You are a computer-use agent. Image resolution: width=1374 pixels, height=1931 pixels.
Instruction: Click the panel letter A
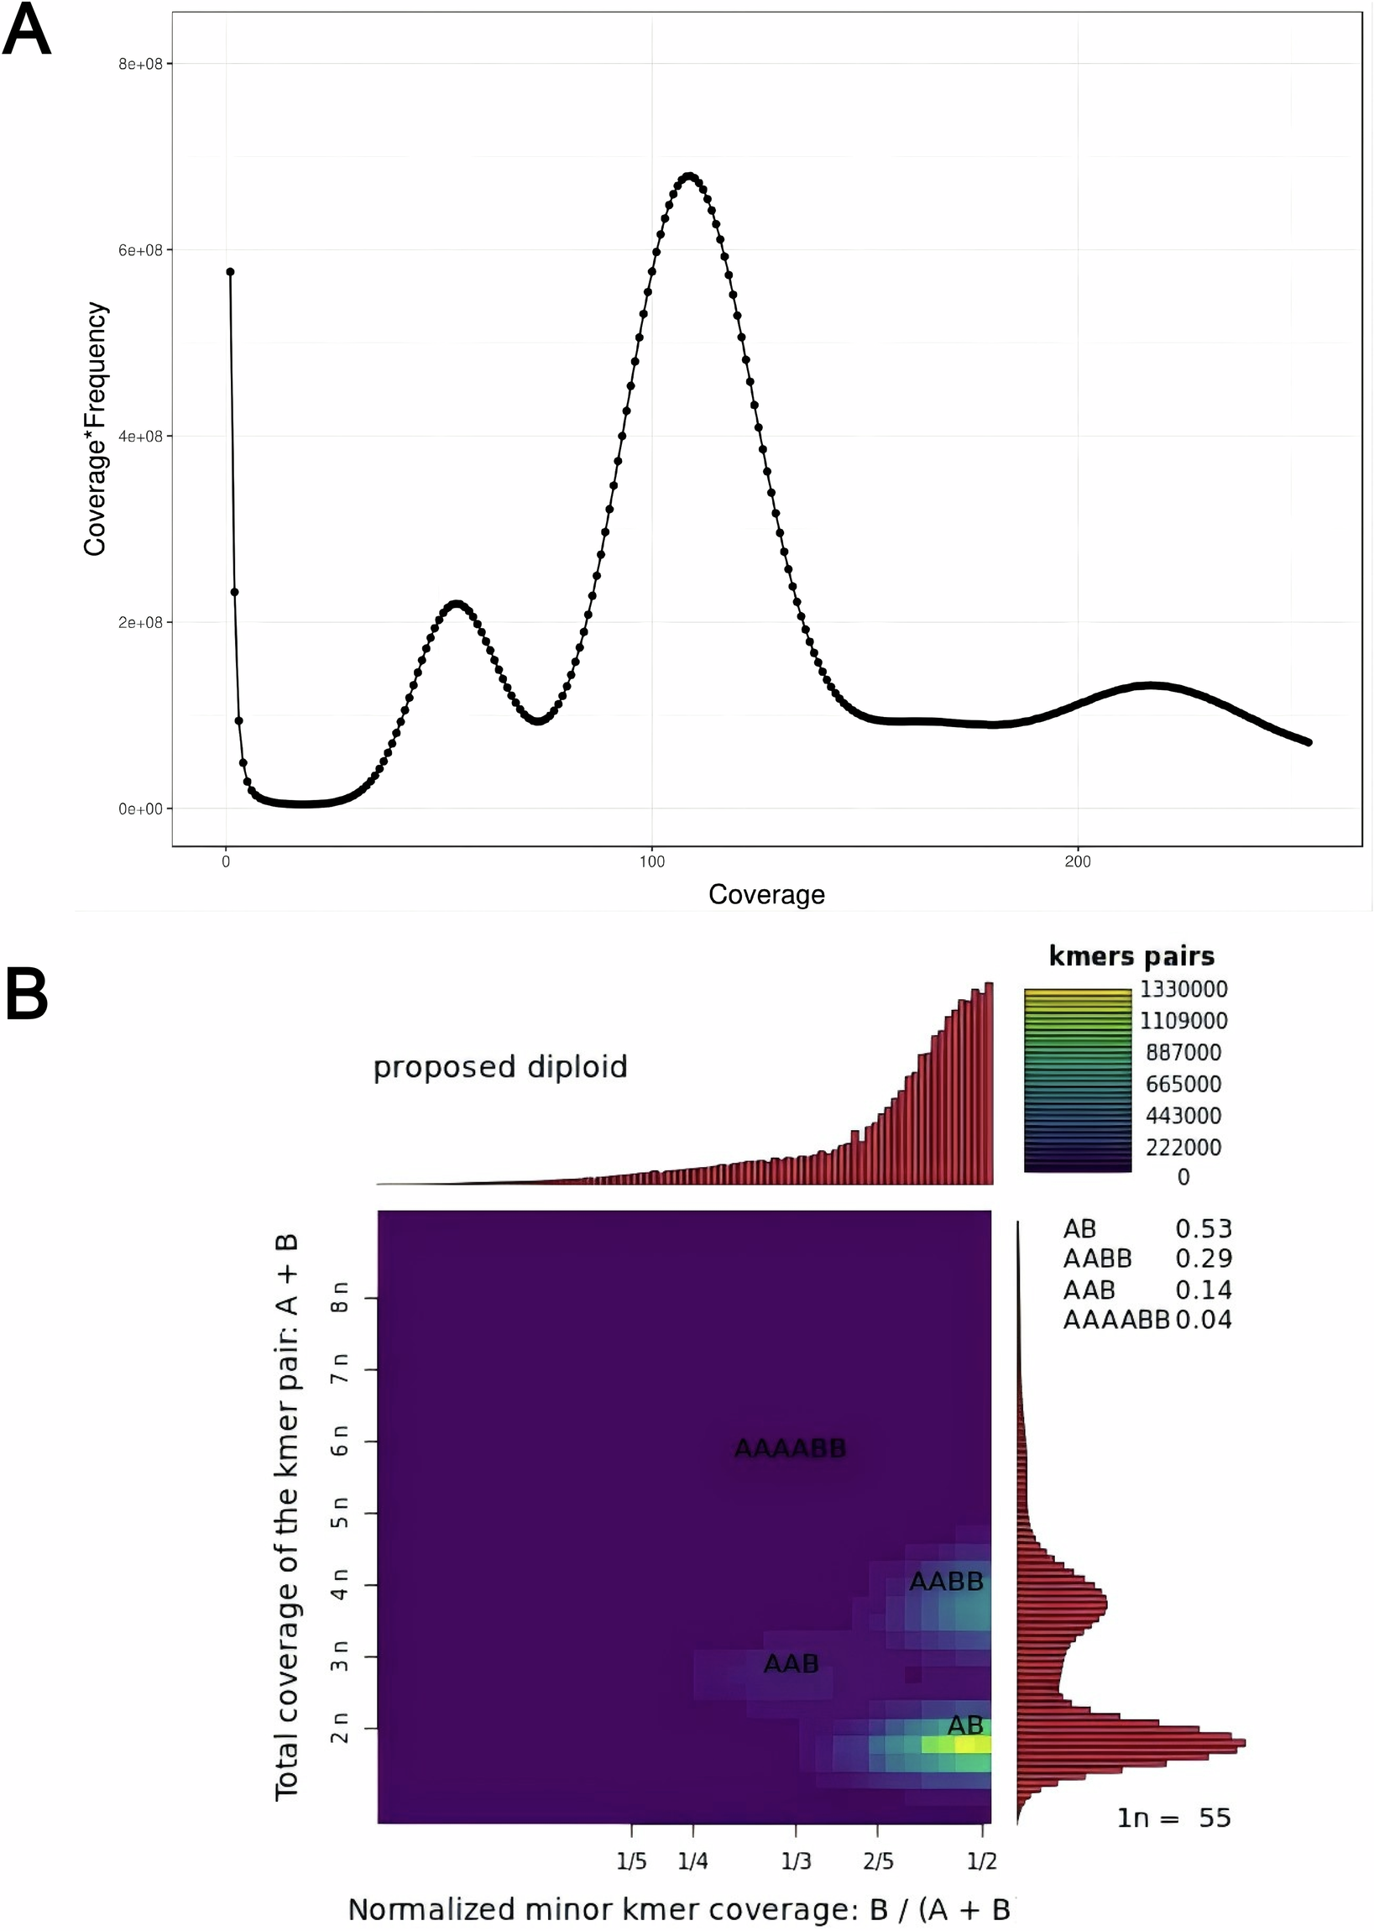click(x=27, y=30)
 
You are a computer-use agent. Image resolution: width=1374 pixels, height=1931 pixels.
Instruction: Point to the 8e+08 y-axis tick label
click(x=139, y=65)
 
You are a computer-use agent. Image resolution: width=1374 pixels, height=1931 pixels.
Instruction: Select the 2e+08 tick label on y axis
click(x=139, y=623)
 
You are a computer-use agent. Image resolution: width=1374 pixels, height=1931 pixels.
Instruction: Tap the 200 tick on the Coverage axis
click(x=1077, y=862)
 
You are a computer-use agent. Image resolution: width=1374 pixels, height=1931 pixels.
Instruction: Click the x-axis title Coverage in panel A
click(x=765, y=894)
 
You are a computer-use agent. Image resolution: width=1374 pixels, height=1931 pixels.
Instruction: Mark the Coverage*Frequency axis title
click(x=95, y=429)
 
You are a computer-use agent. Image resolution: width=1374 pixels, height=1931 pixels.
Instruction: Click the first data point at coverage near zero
click(x=230, y=272)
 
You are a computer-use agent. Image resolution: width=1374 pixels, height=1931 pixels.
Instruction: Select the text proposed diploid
click(x=500, y=1067)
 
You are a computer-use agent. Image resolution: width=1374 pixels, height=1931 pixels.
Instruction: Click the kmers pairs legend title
click(x=1131, y=956)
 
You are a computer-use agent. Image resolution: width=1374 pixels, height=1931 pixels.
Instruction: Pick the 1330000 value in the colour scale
click(x=1183, y=989)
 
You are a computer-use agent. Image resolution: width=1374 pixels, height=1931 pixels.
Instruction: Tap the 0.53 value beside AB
click(x=1203, y=1228)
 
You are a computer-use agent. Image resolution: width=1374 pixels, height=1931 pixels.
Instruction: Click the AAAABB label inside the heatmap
click(x=789, y=1449)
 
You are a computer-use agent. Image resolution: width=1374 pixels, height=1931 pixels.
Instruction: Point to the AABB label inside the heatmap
click(x=946, y=1582)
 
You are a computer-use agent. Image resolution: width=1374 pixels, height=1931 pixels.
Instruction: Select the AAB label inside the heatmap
click(x=791, y=1664)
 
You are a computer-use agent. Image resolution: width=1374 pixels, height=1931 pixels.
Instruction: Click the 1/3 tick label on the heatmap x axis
click(x=796, y=1861)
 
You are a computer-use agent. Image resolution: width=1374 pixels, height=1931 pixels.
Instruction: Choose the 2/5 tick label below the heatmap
click(x=878, y=1861)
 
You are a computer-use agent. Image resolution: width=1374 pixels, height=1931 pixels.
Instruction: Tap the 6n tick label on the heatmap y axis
click(x=339, y=1440)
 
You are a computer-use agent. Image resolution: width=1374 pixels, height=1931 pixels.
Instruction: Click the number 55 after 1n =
click(x=1214, y=1818)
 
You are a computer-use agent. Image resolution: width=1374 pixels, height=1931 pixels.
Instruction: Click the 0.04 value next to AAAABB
click(x=1203, y=1320)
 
